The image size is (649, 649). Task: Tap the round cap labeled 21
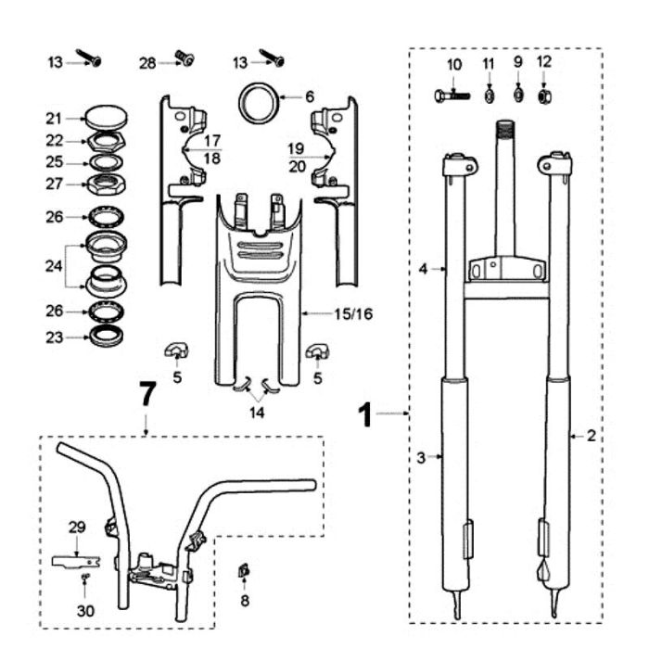(x=106, y=117)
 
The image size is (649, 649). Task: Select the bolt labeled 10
(x=452, y=96)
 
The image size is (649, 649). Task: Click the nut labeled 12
(x=544, y=96)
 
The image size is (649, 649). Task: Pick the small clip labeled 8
(x=243, y=571)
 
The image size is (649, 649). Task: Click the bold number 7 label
(x=147, y=394)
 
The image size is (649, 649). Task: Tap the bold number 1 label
(x=365, y=415)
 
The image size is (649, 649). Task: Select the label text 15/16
(x=353, y=314)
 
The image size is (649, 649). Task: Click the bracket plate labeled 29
(x=76, y=561)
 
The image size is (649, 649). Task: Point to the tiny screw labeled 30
(x=85, y=577)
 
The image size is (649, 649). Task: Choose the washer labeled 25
(x=106, y=162)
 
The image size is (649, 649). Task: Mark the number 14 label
(x=257, y=413)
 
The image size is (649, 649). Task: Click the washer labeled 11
(x=489, y=96)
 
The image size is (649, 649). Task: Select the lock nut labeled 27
(x=106, y=185)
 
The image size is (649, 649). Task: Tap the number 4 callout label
(x=423, y=269)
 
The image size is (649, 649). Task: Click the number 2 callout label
(x=592, y=436)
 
